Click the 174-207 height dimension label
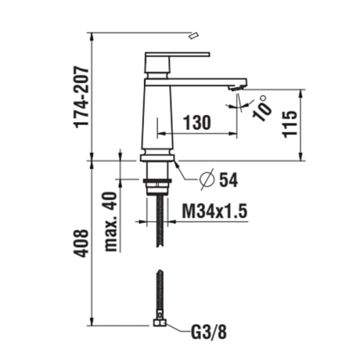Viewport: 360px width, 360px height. click(82, 96)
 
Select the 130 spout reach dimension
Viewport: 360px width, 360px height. click(197, 123)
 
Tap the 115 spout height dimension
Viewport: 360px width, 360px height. click(290, 124)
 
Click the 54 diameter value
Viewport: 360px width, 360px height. click(229, 179)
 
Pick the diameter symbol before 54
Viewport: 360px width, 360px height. click(206, 179)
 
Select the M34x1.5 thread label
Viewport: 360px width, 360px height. click(215, 211)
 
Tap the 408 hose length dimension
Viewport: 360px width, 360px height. click(82, 243)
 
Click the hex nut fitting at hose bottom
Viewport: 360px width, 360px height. click(160, 322)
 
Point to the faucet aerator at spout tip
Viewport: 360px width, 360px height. click(238, 88)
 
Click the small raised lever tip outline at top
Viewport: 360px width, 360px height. click(193, 36)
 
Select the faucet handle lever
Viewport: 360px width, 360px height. click(178, 55)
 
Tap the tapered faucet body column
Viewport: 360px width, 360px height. click(158, 117)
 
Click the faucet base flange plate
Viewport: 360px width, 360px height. click(158, 158)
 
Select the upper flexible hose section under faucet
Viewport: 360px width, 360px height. click(159, 219)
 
